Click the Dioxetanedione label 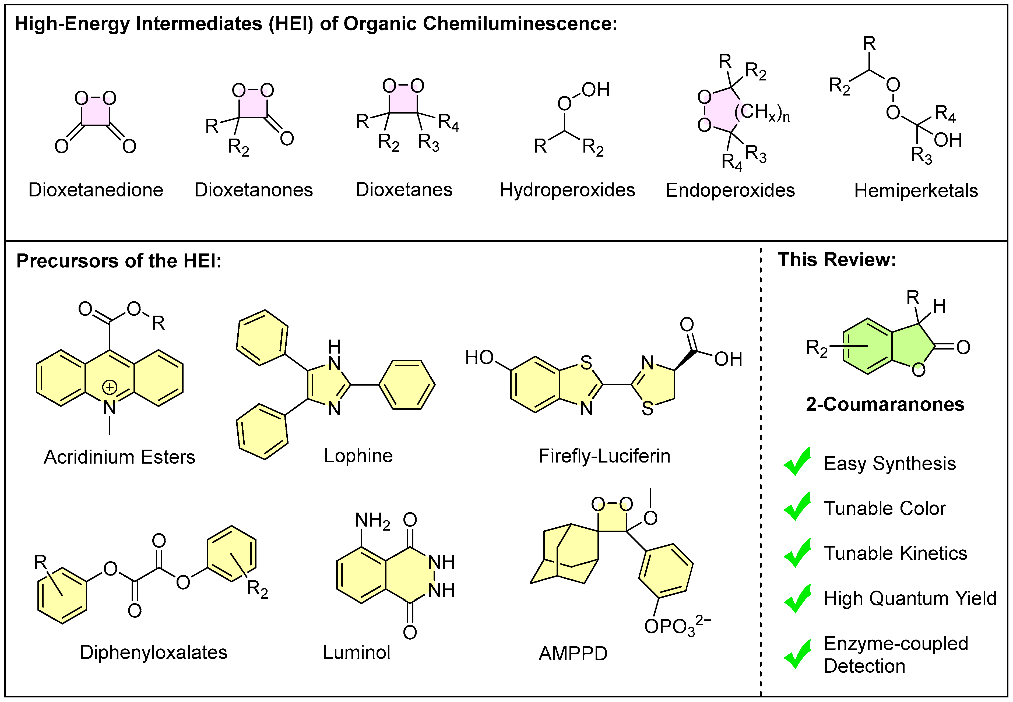pyautogui.click(x=96, y=190)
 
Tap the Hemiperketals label pyautogui.click(x=916, y=191)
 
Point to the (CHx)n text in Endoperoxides pyautogui.click(x=762, y=112)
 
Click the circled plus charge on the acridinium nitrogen pyautogui.click(x=110, y=387)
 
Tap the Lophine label pyautogui.click(x=358, y=456)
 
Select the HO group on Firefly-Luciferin pyautogui.click(x=479, y=358)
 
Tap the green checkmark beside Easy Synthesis pyautogui.click(x=797, y=462)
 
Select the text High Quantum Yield pyautogui.click(x=910, y=598)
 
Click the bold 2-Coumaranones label pyautogui.click(x=885, y=404)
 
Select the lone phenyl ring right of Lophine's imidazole pyautogui.click(x=407, y=385)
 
